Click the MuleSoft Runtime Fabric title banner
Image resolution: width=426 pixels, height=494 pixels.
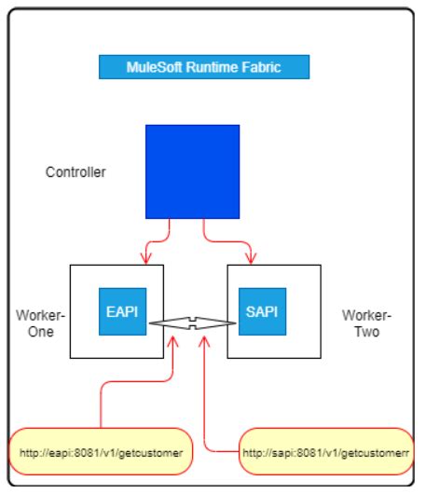pyautogui.click(x=203, y=67)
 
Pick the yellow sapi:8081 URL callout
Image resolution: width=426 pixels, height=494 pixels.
pyautogui.click(x=324, y=452)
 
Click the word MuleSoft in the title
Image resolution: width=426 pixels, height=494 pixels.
pyautogui.click(x=152, y=67)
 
